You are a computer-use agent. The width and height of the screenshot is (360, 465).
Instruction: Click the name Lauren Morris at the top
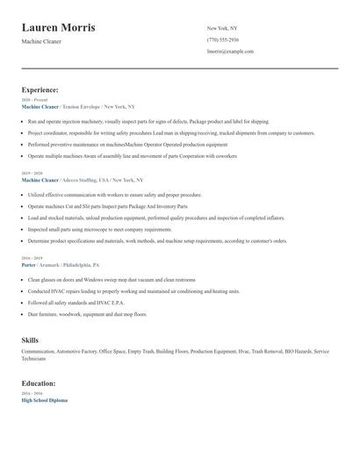tap(59, 28)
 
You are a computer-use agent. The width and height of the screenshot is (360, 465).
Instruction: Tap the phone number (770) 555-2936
tap(222, 39)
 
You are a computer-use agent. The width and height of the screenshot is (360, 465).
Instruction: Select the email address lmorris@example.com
tap(230, 51)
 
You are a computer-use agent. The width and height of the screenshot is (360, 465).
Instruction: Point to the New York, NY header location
tap(223, 28)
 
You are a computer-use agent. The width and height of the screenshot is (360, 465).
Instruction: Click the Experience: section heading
tap(40, 89)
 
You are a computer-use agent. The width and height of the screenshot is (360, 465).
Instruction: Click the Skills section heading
tap(30, 339)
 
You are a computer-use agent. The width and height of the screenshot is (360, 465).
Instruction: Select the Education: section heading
tap(40, 383)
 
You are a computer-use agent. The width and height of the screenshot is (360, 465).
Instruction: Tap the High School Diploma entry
tap(44, 400)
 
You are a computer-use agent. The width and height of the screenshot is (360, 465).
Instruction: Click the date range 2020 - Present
tap(34, 100)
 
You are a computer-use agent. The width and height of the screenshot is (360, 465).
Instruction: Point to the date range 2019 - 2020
tap(32, 173)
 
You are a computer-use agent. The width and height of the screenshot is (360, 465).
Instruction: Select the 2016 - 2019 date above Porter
tap(32, 258)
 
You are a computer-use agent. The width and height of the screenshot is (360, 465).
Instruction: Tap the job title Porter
tap(28, 264)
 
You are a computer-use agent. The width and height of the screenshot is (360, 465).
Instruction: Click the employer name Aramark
tap(49, 264)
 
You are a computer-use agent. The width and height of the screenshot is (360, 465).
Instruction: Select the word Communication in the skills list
tap(39, 351)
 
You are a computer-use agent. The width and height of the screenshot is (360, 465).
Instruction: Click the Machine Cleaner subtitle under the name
tap(41, 41)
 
